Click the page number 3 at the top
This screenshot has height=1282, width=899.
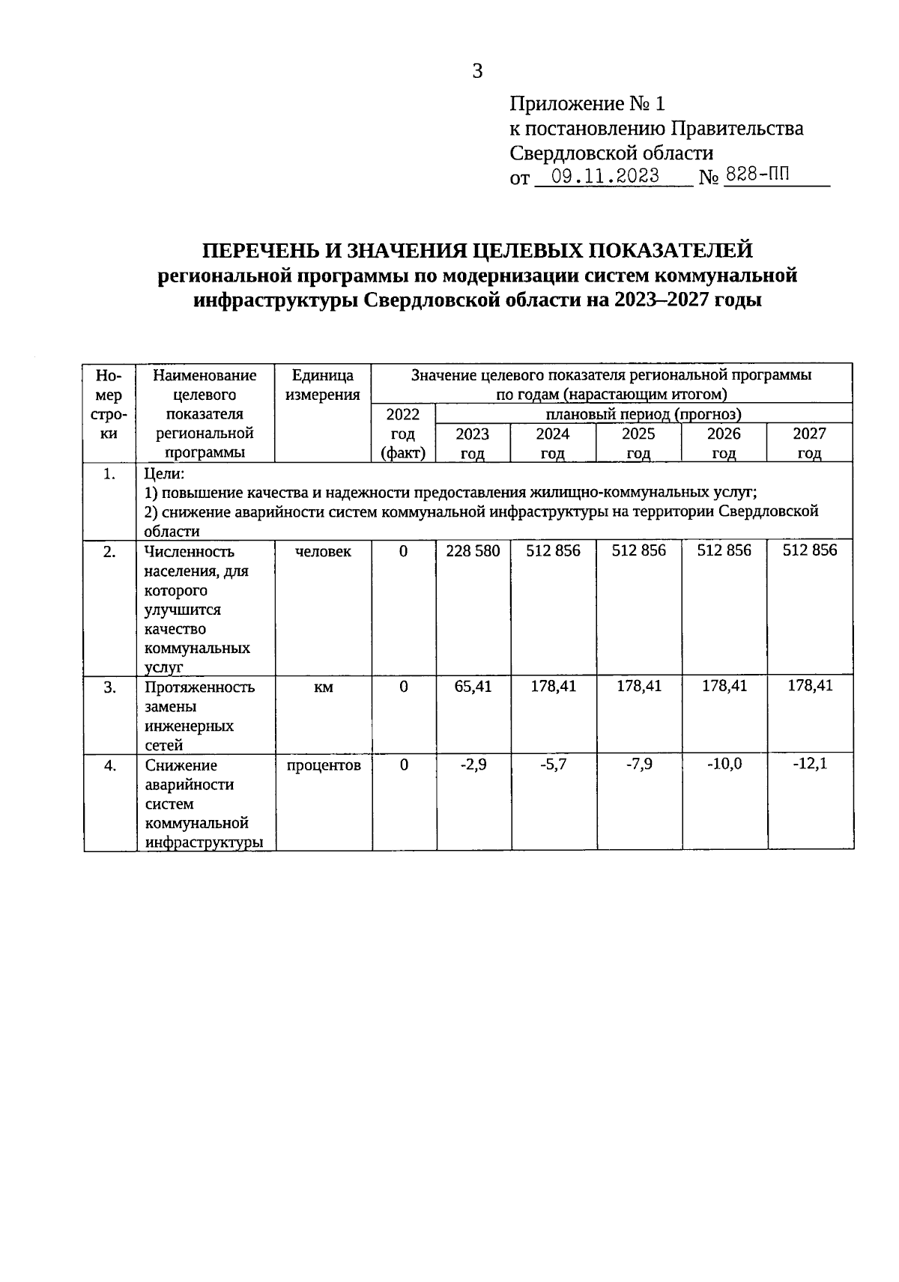pos(477,72)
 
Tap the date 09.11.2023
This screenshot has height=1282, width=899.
pos(605,177)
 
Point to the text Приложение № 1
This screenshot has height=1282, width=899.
pos(587,103)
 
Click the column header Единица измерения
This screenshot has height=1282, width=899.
pos(323,385)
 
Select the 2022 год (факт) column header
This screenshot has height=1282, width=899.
pos(403,433)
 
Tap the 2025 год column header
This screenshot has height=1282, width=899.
pos(638,443)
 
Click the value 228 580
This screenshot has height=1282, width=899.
pos(473,551)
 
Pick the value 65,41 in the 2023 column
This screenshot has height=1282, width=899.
pos(473,686)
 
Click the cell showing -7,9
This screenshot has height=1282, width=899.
pos(638,765)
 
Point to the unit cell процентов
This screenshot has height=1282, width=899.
pos(323,765)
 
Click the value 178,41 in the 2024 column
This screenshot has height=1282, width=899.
pos(553,686)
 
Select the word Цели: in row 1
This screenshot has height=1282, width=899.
pos(163,473)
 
